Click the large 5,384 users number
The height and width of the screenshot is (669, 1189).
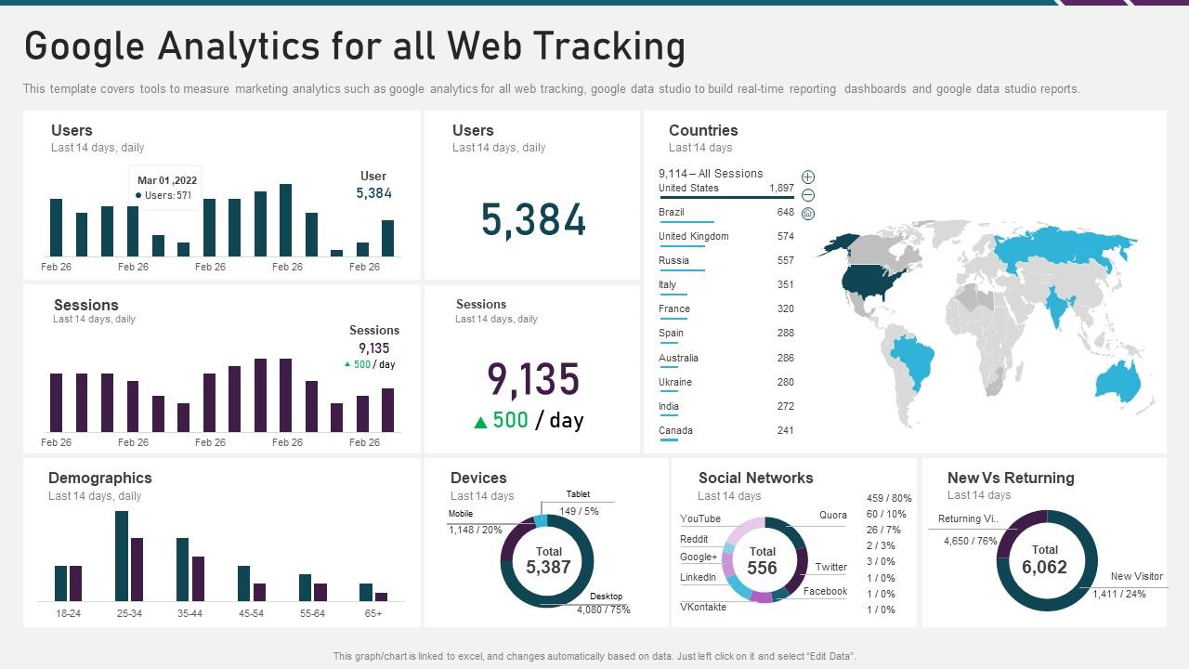point(533,221)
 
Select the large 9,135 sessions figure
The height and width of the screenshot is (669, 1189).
point(533,380)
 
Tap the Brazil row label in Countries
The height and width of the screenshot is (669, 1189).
point(672,213)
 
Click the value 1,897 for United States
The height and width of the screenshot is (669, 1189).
point(781,189)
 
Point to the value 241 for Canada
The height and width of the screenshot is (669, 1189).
point(785,431)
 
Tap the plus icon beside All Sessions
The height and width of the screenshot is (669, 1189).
point(808,177)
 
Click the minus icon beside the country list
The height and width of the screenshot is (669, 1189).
point(808,195)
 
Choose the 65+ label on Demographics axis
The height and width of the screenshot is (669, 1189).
point(372,614)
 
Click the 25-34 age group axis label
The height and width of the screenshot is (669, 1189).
point(129,614)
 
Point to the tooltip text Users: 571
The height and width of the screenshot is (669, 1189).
point(167,196)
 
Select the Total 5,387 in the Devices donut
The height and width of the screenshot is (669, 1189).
point(548,560)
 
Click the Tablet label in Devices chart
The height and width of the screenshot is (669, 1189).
point(578,494)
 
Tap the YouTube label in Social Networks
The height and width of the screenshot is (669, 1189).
point(699,519)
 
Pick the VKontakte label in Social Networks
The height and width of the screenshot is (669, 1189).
point(703,608)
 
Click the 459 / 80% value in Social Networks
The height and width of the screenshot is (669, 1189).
point(889,499)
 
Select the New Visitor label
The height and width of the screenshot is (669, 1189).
point(1136,577)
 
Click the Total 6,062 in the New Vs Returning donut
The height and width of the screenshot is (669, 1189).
point(1044,560)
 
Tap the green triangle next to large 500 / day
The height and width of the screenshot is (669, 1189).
point(480,423)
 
